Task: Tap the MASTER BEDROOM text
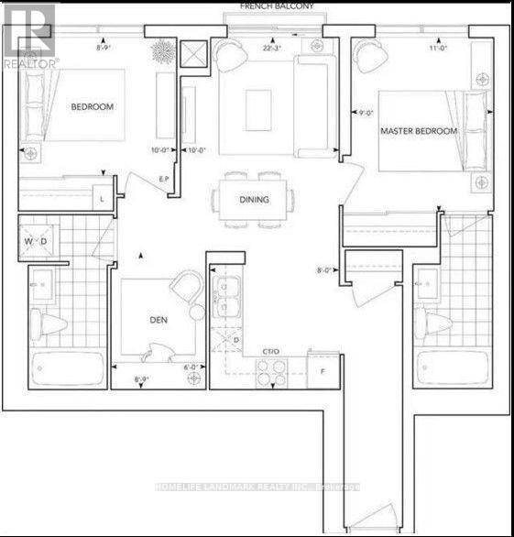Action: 419,131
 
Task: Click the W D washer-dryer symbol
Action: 37,242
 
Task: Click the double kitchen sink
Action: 224,298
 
